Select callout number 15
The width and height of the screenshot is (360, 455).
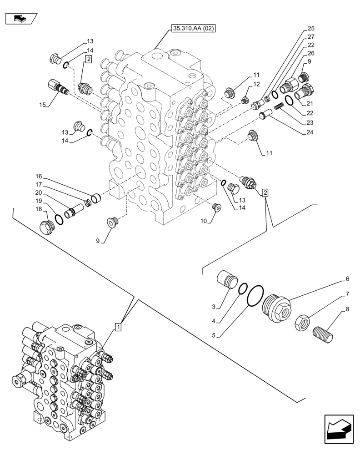click(x=42, y=105)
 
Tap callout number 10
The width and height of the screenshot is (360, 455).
click(x=203, y=221)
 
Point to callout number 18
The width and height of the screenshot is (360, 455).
click(x=39, y=209)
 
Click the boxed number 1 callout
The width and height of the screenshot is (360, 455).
click(x=118, y=326)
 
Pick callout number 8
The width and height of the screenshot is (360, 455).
click(x=348, y=309)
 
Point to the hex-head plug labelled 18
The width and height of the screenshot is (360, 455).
click(x=47, y=227)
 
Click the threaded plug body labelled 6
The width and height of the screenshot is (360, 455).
click(x=276, y=309)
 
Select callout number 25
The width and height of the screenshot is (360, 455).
click(x=311, y=28)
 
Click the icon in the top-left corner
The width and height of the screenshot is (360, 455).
click(x=20, y=19)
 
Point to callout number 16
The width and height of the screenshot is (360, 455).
click(x=39, y=176)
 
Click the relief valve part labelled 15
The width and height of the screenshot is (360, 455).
click(x=57, y=86)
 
